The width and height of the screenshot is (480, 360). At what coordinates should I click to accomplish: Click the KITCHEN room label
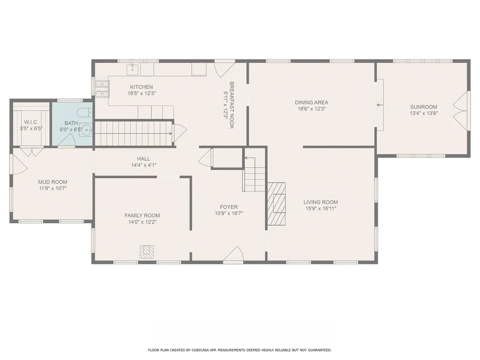coord(141,87)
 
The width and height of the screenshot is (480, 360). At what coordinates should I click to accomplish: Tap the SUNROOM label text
coord(423,106)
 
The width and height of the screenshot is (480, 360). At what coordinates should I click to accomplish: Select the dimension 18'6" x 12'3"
coord(311,109)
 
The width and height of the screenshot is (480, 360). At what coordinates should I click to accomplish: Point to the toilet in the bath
coord(85,112)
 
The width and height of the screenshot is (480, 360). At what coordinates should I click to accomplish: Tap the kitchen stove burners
coord(101,89)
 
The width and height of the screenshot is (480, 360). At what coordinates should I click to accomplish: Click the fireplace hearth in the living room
coord(277,203)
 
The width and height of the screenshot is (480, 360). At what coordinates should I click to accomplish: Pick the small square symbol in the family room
coord(146,252)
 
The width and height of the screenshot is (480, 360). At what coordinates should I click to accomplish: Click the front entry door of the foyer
coord(233,255)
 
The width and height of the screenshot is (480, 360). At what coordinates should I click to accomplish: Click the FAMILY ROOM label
coord(142,216)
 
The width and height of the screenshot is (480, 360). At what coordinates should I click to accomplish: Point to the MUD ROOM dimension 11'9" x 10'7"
coord(52,188)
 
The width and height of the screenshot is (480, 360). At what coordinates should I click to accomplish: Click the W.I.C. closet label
coord(31,122)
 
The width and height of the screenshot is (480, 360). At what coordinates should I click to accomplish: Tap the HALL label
coord(143,158)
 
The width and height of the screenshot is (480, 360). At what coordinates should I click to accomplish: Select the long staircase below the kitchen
coord(134,133)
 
